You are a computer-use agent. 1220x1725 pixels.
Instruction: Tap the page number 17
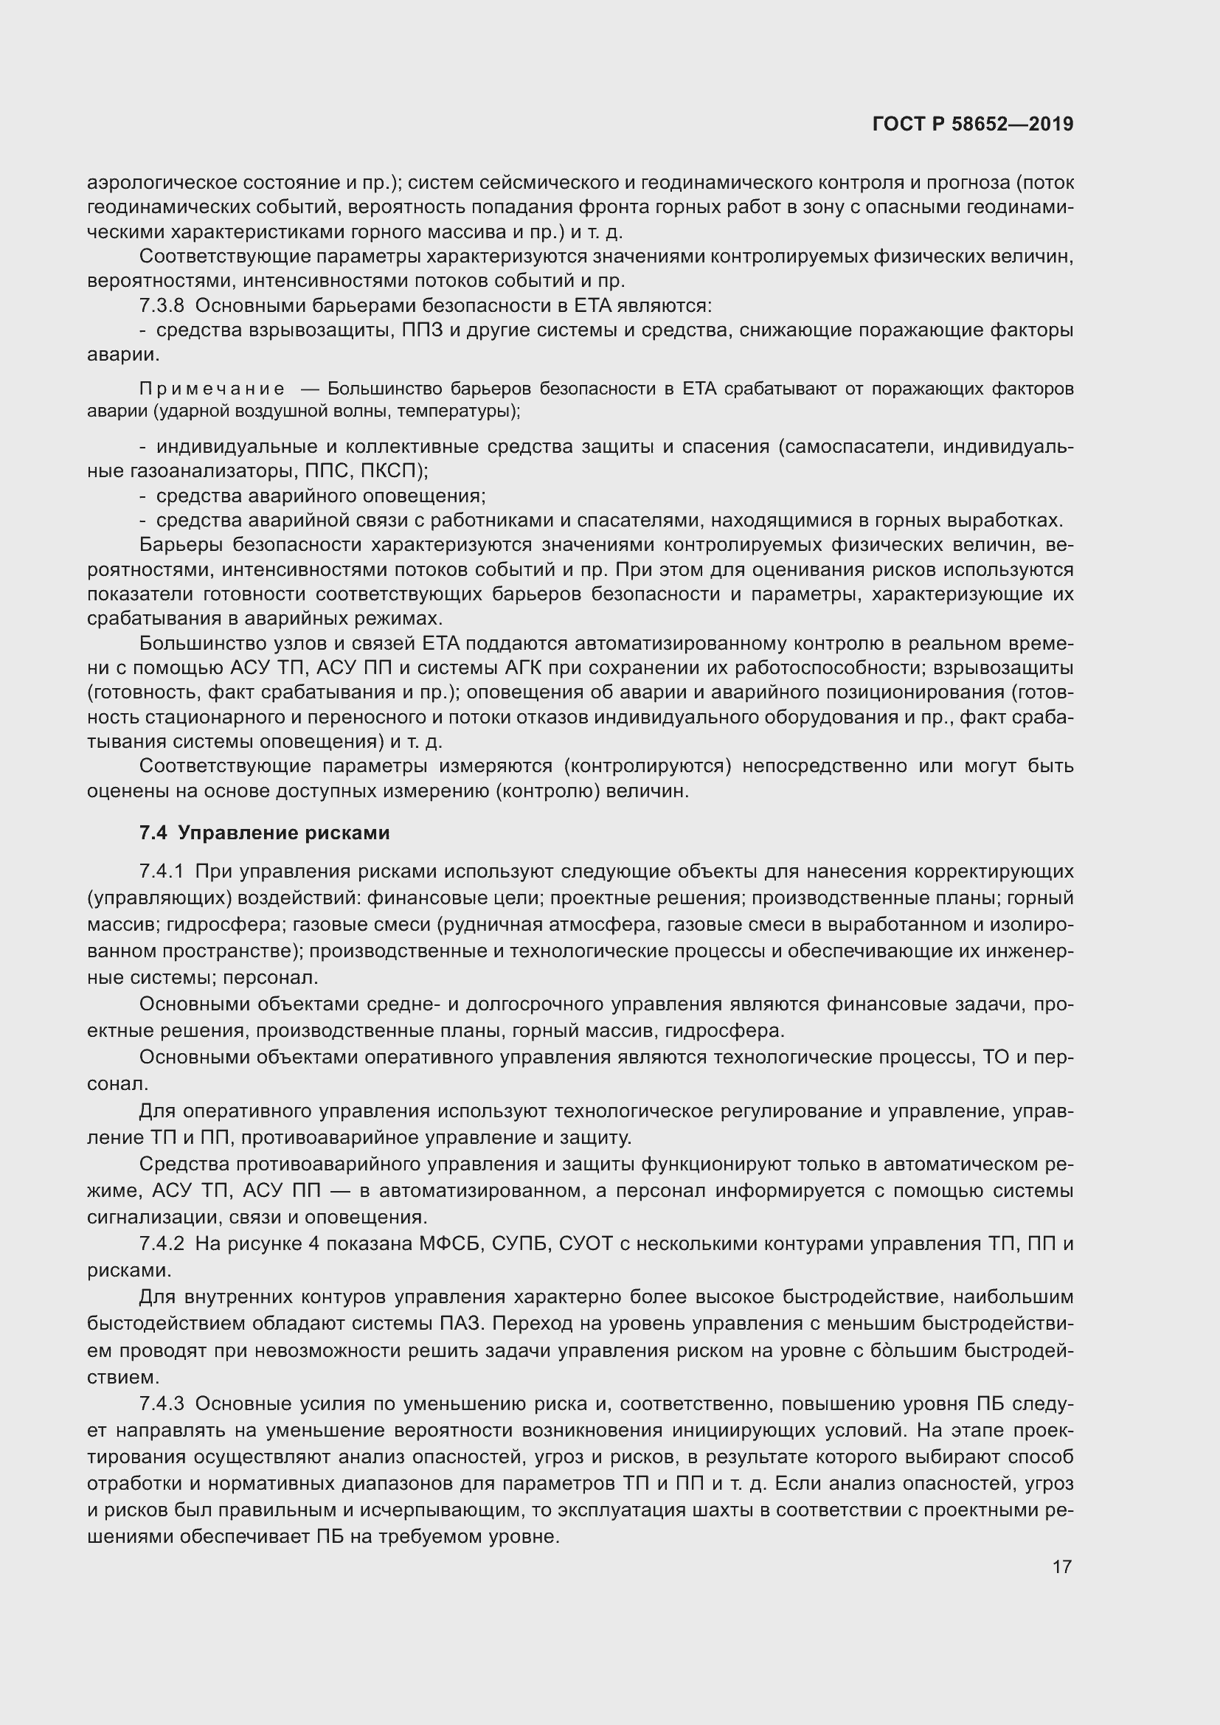point(1061,1566)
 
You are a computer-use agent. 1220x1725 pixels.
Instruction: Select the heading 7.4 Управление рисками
point(265,833)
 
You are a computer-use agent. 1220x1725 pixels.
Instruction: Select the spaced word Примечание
point(212,389)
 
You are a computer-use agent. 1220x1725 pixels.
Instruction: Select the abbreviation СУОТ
point(586,1243)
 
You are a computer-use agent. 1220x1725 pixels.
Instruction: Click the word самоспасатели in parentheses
point(858,447)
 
